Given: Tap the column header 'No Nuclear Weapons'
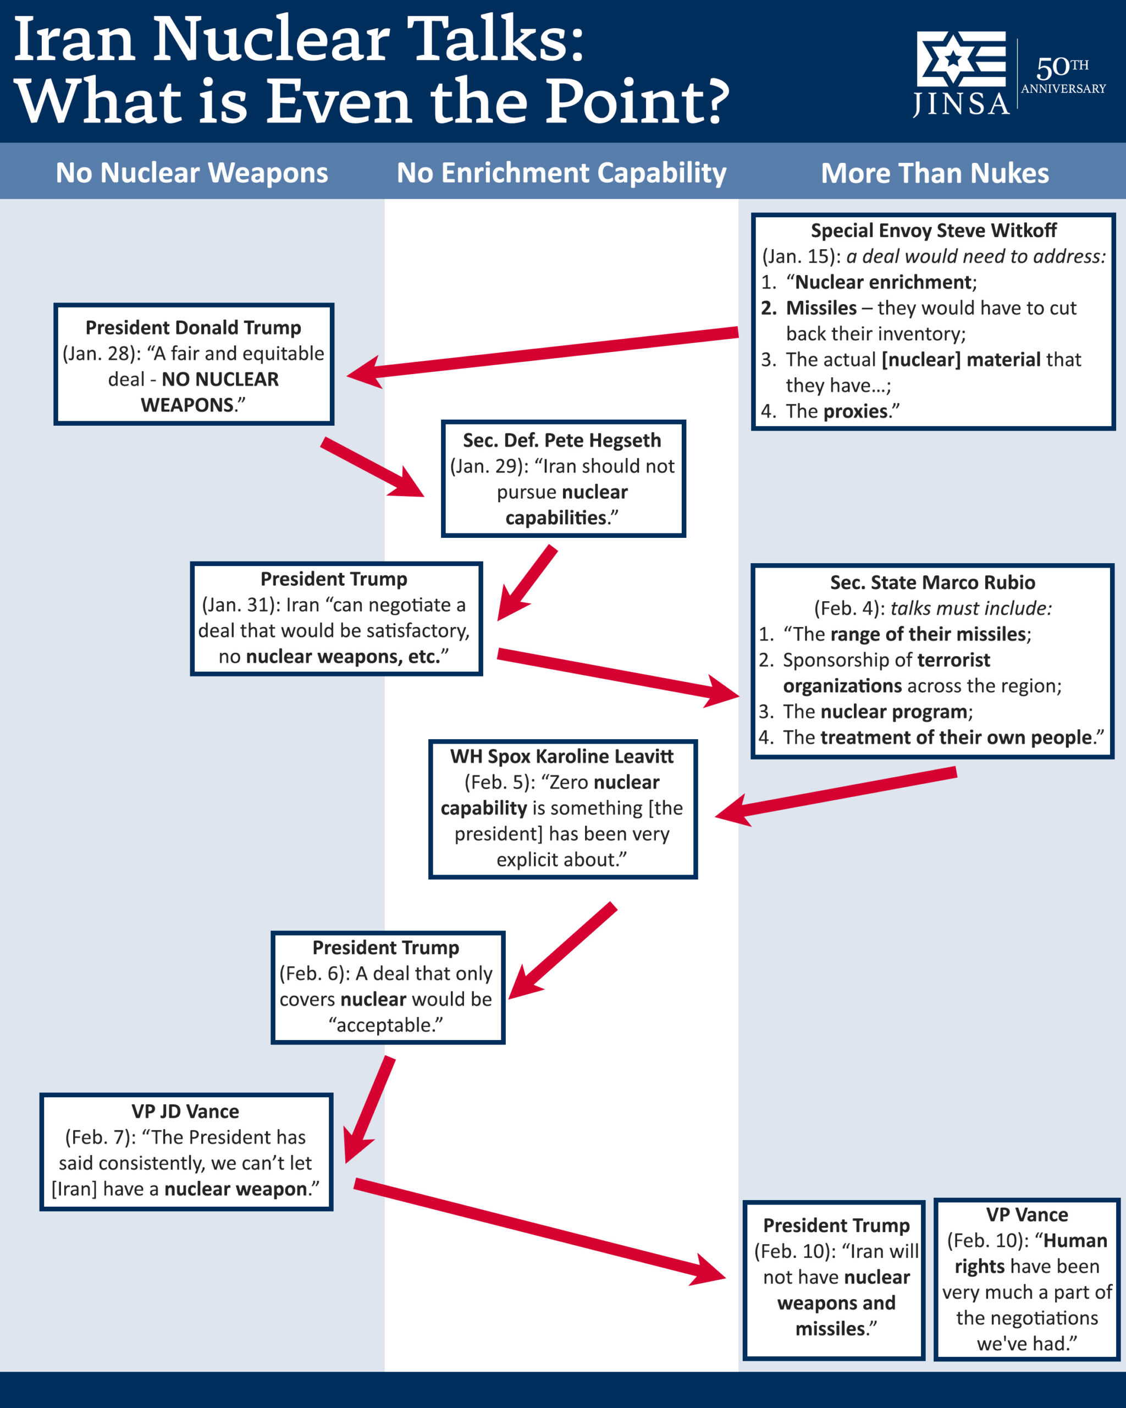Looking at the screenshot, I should point(191,173).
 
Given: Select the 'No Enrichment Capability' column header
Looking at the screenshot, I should point(561,173).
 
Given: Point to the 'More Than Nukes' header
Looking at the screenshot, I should point(934,173).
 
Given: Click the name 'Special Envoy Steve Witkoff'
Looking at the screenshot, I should point(934,230).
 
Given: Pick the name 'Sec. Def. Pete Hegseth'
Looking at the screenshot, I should point(561,440).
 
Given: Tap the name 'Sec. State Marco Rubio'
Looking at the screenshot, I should point(932,582).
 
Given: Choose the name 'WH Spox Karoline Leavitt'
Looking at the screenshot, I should point(561,756).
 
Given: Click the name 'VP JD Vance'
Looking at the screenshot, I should point(185,1111).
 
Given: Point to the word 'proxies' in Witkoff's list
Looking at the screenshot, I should point(855,411).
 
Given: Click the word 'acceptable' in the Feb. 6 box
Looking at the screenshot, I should point(385,1025).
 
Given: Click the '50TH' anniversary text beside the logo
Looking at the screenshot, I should point(1062,67).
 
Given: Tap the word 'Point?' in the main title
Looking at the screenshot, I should point(637,101).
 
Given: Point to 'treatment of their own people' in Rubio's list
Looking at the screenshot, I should point(956,738).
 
